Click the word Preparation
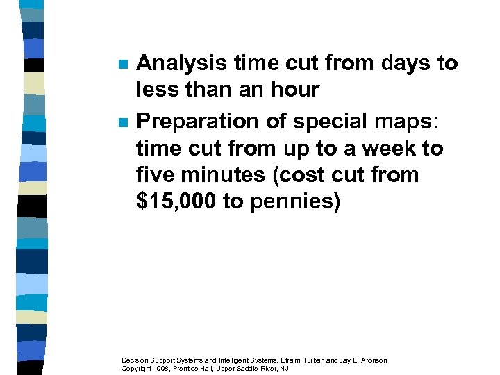[198, 121]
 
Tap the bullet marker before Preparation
[122, 122]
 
